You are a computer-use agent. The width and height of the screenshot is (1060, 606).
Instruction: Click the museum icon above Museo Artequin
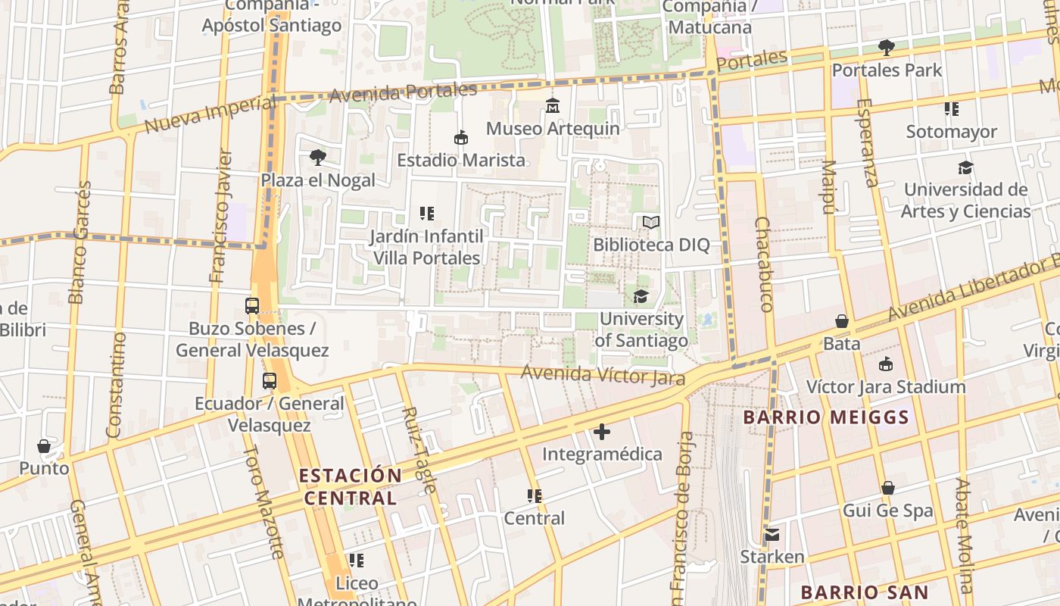coord(553,106)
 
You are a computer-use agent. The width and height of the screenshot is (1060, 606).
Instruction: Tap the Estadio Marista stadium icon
coord(460,138)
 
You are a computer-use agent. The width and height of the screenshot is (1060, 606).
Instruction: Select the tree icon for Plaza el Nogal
coord(318,158)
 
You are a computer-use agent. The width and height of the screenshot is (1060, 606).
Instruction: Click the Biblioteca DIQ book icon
coord(651,223)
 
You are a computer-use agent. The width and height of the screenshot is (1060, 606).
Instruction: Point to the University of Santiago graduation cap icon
coord(641,296)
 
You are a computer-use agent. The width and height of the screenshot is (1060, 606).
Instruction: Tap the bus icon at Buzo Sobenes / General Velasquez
coord(252,306)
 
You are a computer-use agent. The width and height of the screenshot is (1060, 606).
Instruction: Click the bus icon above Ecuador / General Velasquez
coord(270,381)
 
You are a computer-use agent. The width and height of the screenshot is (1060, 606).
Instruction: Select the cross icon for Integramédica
coord(602,432)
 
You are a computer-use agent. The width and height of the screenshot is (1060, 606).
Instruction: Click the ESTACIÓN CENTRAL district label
coord(350,486)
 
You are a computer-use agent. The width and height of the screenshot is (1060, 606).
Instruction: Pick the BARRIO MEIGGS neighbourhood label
coord(825,417)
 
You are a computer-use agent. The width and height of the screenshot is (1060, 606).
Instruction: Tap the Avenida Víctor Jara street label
coord(603,375)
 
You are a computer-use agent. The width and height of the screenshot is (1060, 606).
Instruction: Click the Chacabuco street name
coord(764,264)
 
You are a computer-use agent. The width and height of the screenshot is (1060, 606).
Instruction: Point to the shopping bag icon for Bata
coord(841,321)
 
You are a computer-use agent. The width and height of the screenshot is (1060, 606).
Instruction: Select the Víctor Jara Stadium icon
coord(886,364)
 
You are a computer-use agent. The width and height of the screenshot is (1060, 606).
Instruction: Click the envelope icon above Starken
coord(772,535)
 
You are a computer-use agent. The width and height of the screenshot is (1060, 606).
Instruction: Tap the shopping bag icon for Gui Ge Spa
coord(888,488)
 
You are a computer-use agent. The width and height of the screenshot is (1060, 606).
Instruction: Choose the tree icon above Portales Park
coord(887,48)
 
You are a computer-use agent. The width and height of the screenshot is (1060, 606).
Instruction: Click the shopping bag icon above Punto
coord(44,446)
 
